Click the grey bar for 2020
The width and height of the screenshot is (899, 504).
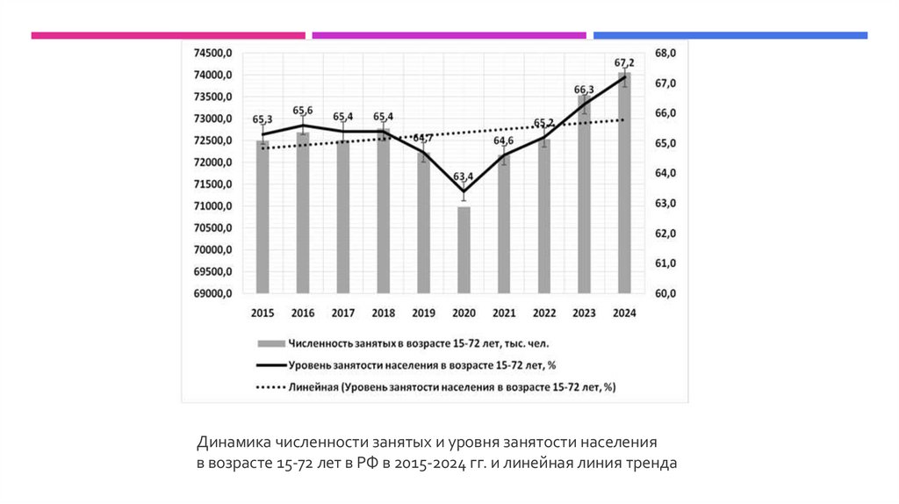[x=464, y=249]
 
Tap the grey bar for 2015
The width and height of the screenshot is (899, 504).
[x=263, y=216]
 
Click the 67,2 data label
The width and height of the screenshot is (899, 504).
[x=624, y=62]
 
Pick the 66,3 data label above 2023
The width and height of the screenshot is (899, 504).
[x=584, y=90]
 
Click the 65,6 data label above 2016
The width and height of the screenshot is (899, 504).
[x=303, y=110]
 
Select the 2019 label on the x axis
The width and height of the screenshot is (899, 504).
[x=423, y=313]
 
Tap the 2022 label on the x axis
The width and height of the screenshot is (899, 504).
[x=544, y=313]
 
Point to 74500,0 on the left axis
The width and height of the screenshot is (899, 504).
[x=212, y=54]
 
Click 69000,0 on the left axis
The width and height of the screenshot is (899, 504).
[x=212, y=293]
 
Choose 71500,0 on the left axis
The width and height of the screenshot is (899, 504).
[x=212, y=184]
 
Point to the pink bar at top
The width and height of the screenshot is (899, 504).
[x=168, y=35]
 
